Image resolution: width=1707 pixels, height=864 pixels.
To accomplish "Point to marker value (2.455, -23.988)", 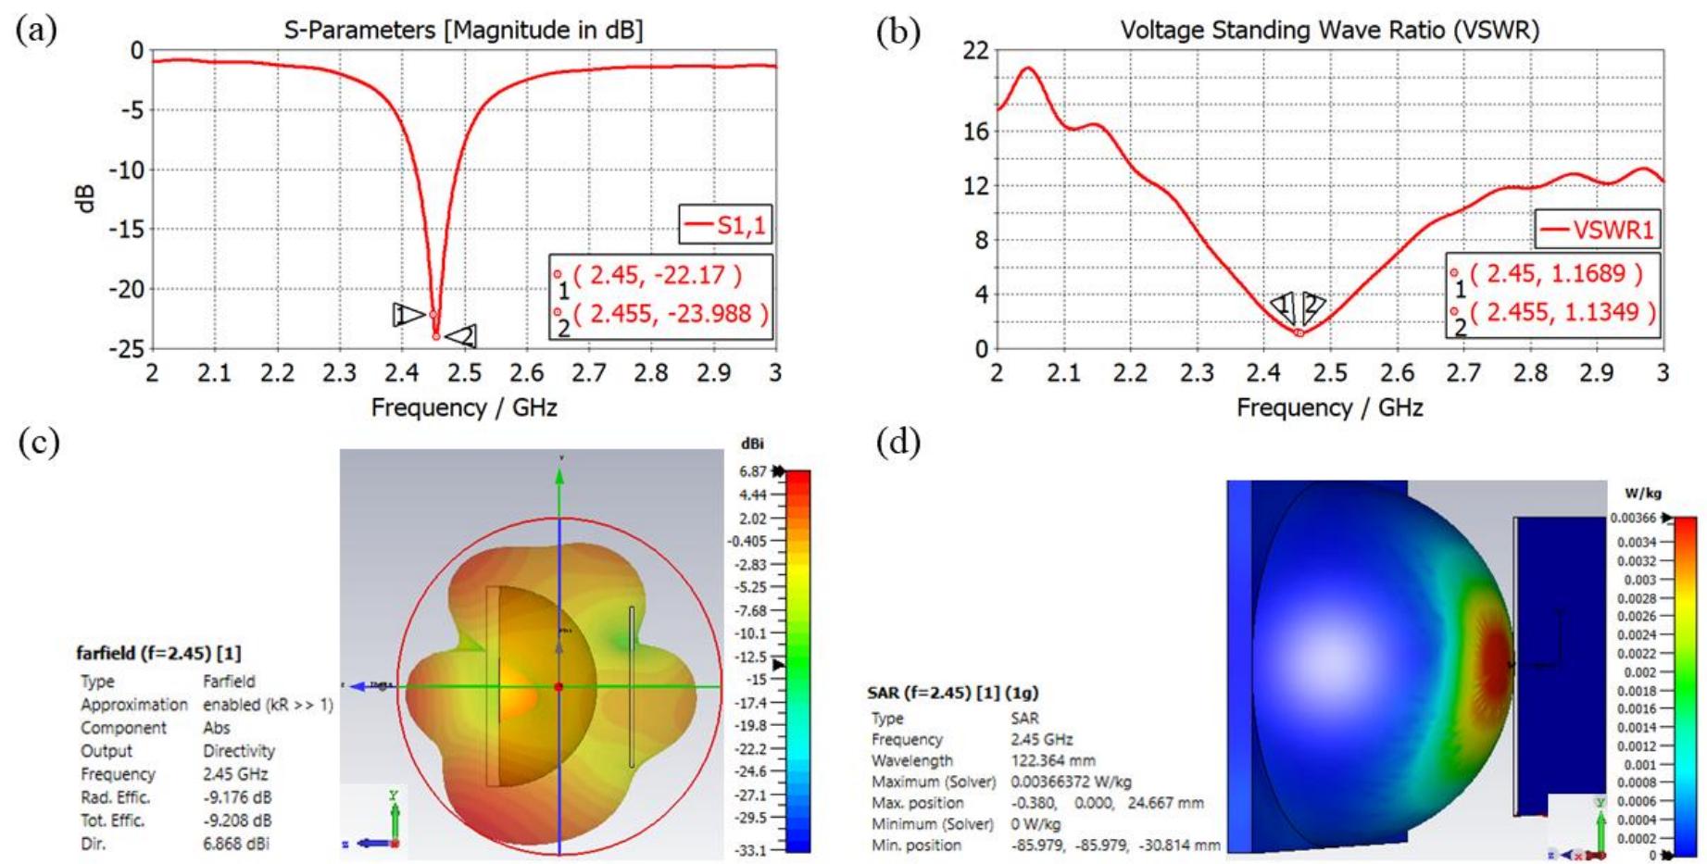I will coord(671,314).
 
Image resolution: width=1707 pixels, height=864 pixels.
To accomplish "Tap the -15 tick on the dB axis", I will coord(127,229).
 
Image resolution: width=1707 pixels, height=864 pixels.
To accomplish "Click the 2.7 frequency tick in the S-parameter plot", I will coord(589,372).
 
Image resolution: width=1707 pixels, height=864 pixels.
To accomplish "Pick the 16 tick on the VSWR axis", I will coord(976,131).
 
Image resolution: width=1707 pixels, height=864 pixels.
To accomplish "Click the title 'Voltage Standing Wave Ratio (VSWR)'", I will coord(1329,31).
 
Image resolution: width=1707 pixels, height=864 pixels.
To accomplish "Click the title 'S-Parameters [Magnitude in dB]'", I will coord(463,31).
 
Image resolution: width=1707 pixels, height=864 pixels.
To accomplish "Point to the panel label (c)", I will coord(38,442).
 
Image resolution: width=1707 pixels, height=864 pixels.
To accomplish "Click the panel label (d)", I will coord(897,442).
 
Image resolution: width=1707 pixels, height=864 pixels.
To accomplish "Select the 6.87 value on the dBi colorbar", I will coord(752,471).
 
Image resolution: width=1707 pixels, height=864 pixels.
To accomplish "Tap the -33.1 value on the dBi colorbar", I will coord(750,849).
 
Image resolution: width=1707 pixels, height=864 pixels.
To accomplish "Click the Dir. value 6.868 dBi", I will coord(236,844).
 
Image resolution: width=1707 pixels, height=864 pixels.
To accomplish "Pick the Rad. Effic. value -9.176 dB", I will coord(236,797).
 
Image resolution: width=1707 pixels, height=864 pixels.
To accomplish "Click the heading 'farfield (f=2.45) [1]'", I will coord(158,653).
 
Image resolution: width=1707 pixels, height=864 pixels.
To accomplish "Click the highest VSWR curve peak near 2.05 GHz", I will coord(1027,68).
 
